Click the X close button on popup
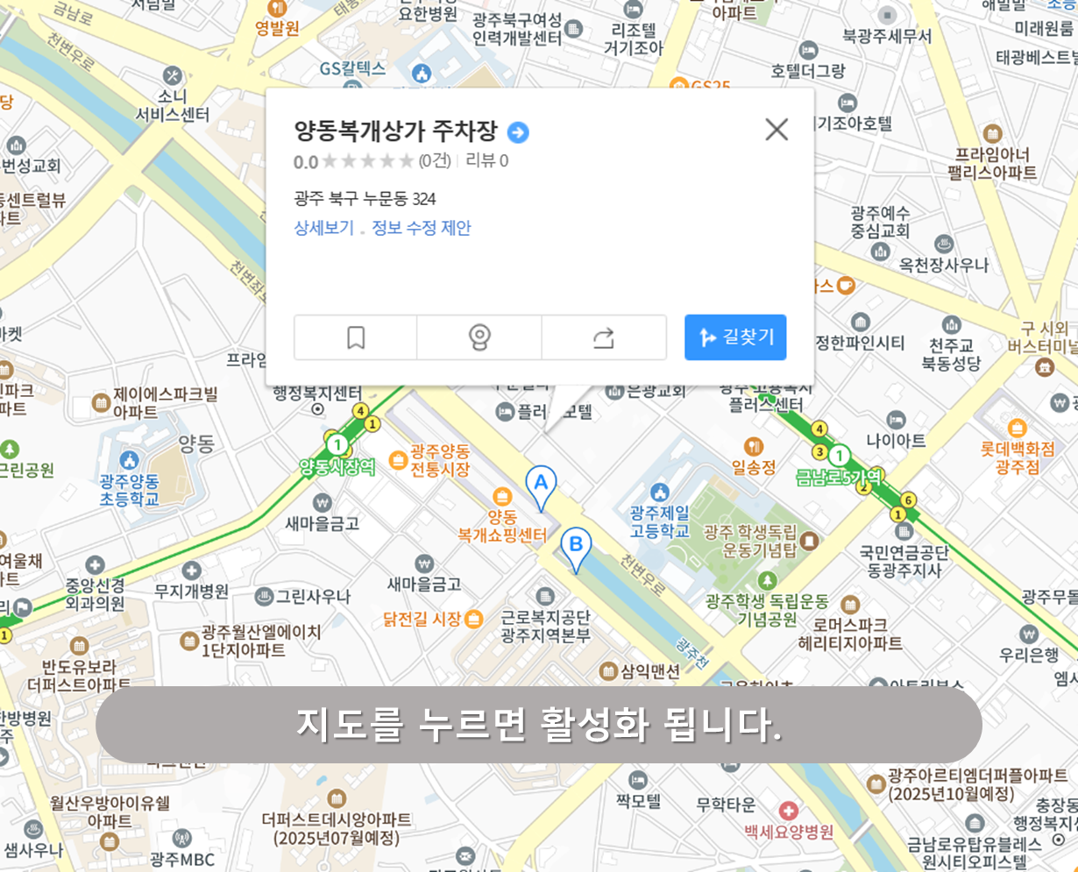click(777, 130)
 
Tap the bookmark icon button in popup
click(356, 337)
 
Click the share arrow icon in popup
click(604, 337)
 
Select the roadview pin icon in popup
click(479, 337)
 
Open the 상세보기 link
click(323, 228)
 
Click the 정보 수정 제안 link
click(422, 228)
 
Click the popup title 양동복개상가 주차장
click(395, 131)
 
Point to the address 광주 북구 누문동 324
click(365, 198)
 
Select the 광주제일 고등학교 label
click(659, 521)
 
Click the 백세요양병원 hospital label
click(789, 831)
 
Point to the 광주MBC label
click(182, 859)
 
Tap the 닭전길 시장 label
click(422, 619)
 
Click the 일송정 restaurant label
click(754, 466)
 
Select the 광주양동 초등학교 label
click(129, 490)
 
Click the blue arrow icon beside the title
click(518, 132)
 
